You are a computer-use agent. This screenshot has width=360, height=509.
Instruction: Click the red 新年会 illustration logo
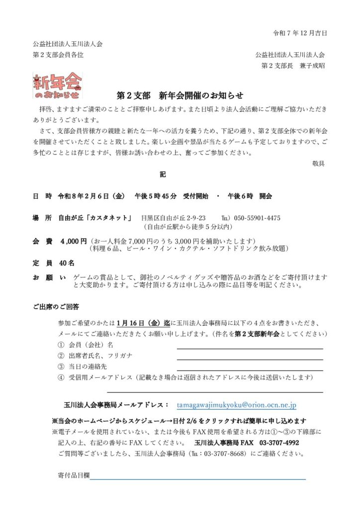click(x=58, y=85)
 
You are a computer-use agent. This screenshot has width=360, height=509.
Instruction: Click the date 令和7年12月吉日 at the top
click(x=300, y=33)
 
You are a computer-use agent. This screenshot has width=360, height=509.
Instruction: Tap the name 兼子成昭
click(x=311, y=65)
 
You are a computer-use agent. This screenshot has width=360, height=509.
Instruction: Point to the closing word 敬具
click(x=318, y=163)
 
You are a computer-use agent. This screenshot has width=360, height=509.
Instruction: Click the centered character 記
click(x=163, y=175)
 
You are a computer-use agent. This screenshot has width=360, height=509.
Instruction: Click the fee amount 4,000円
click(x=74, y=241)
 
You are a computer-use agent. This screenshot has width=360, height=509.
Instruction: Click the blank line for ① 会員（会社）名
click(x=250, y=348)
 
